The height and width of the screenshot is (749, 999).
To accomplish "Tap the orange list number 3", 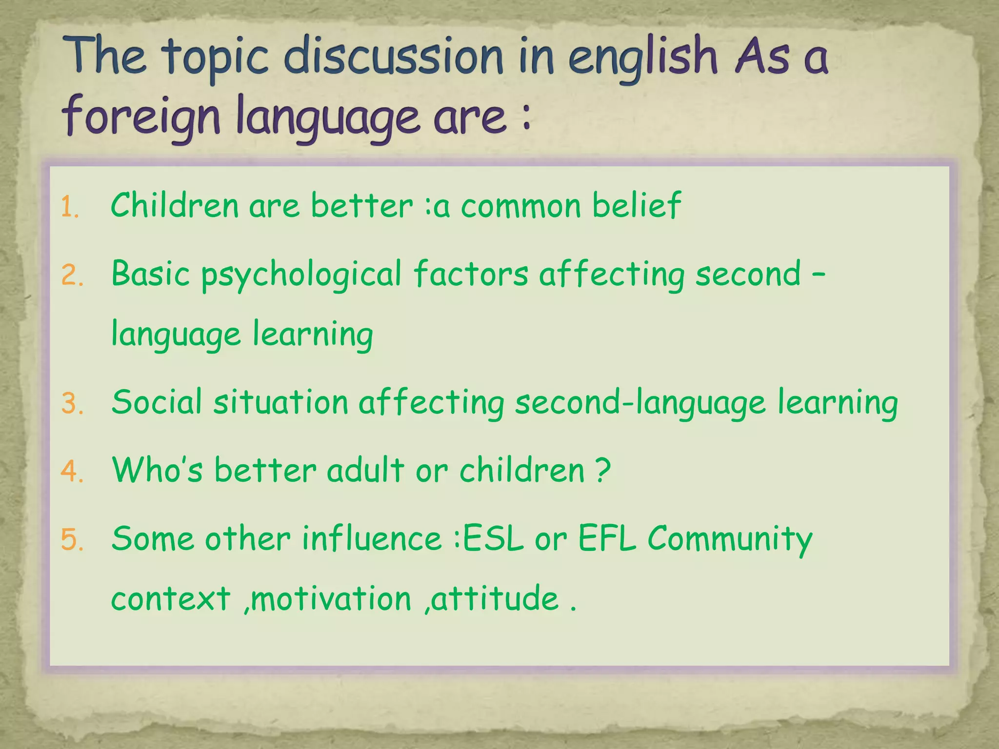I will tap(72, 404).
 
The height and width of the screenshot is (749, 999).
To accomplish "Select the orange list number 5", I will tap(72, 540).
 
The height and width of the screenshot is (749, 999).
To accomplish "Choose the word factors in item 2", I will tap(471, 274).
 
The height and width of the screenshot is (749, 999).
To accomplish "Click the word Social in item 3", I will tap(156, 402).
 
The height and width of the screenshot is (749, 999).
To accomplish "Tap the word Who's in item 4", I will tap(157, 470).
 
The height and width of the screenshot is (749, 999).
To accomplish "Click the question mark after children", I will tap(603, 470).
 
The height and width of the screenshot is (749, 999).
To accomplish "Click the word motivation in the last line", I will tap(332, 598).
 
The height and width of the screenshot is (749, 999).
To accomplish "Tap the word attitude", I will tap(495, 598).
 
